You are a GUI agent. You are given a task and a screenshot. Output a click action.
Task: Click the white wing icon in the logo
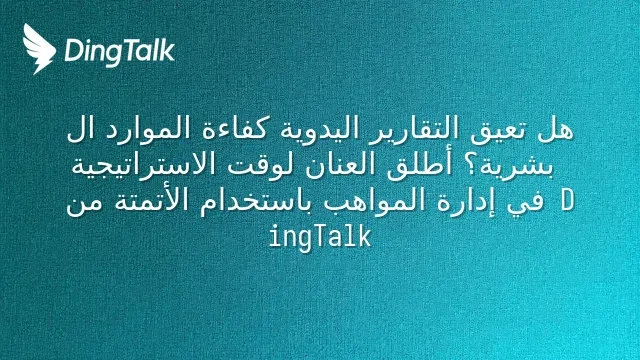pos(39,49)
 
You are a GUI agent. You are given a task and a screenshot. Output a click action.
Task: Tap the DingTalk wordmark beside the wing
pos(120,51)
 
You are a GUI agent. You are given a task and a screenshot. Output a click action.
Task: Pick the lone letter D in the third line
pos(567,200)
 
